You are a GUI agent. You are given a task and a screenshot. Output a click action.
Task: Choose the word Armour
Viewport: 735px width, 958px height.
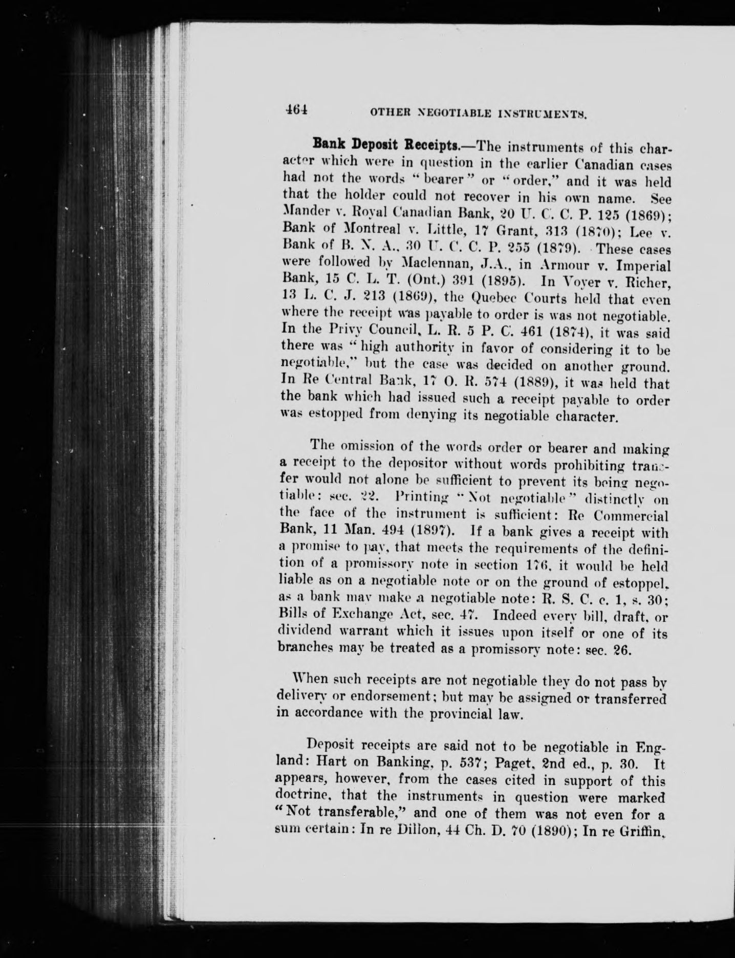(525, 265)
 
